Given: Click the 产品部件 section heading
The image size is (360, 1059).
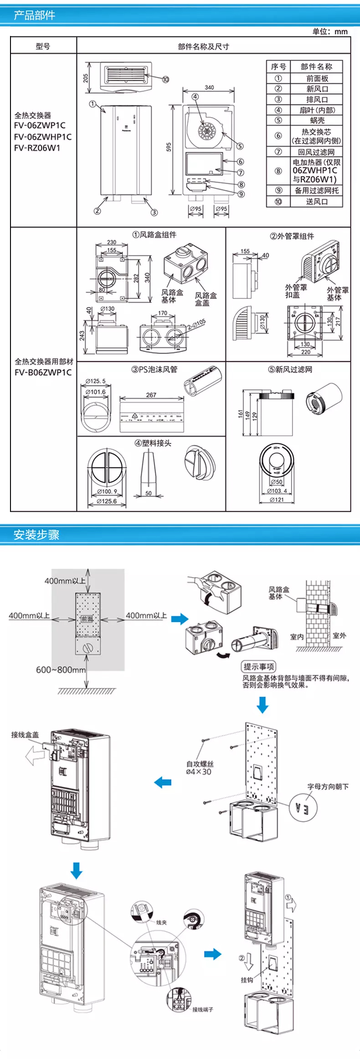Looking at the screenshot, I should click(x=35, y=15).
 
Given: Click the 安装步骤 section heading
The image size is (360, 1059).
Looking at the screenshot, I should click(x=36, y=535).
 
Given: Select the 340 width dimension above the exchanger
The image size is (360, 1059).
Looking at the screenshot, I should click(x=209, y=87).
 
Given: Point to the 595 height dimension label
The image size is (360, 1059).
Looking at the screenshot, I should click(x=169, y=147).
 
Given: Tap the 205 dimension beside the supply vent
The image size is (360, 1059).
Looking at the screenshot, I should click(x=86, y=78).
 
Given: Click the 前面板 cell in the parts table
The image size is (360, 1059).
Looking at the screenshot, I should click(x=317, y=78).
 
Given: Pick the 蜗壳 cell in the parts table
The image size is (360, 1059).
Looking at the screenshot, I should click(x=317, y=120).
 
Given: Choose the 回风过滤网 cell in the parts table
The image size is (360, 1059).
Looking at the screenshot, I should click(x=317, y=152).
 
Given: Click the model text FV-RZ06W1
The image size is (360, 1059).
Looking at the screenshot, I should click(x=37, y=148).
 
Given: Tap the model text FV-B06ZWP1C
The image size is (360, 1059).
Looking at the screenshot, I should click(x=43, y=372).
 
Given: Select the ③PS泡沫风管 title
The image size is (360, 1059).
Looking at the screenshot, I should click(x=154, y=370).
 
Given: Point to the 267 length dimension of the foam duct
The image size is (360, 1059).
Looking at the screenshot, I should click(x=151, y=395).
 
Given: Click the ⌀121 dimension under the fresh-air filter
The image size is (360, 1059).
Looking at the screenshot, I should click(x=277, y=500).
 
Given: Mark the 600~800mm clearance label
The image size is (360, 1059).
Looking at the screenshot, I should click(x=61, y=670).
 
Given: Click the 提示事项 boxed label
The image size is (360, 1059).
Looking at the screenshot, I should click(x=259, y=667).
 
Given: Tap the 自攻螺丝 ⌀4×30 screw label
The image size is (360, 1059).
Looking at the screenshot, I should click(x=199, y=768).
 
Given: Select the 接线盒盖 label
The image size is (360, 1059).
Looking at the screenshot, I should click(x=25, y=735).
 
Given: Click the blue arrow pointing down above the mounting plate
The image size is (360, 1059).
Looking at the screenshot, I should click(x=262, y=705).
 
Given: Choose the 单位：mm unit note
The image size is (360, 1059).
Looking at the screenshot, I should click(x=330, y=31).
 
